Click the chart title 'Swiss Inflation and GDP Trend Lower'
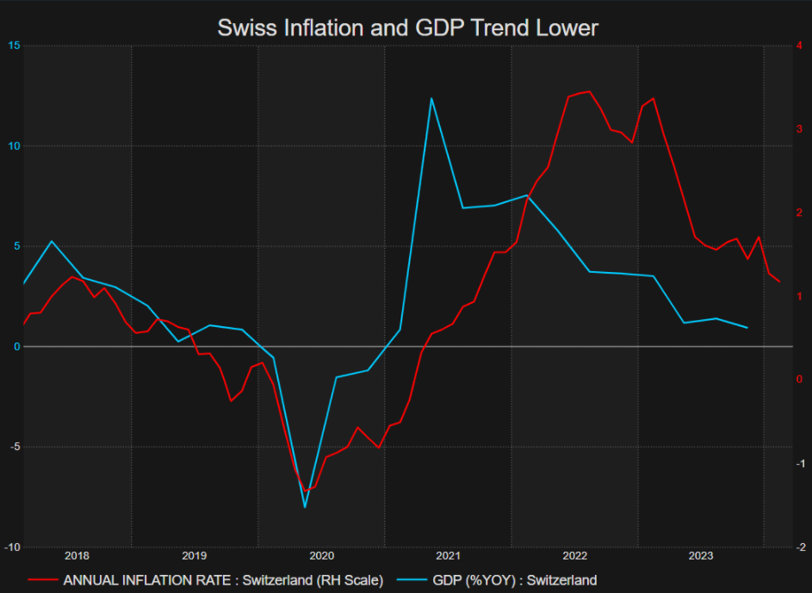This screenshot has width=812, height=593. tap(406, 28)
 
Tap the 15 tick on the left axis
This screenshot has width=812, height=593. tap(13, 46)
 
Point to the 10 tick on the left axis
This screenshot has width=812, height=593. tap(13, 146)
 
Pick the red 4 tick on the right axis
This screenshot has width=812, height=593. tap(800, 46)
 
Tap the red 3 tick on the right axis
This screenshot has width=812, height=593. tap(800, 129)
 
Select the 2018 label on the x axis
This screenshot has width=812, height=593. tap(77, 556)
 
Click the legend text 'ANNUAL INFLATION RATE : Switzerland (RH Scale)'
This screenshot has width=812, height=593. tap(223, 580)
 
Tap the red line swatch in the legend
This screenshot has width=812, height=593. tap(40, 580)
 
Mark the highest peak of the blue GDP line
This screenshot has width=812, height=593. tap(431, 98)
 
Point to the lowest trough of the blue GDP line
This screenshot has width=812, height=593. tap(305, 507)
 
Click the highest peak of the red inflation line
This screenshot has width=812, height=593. tap(589, 91)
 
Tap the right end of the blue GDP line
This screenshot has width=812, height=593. tap(747, 328)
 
